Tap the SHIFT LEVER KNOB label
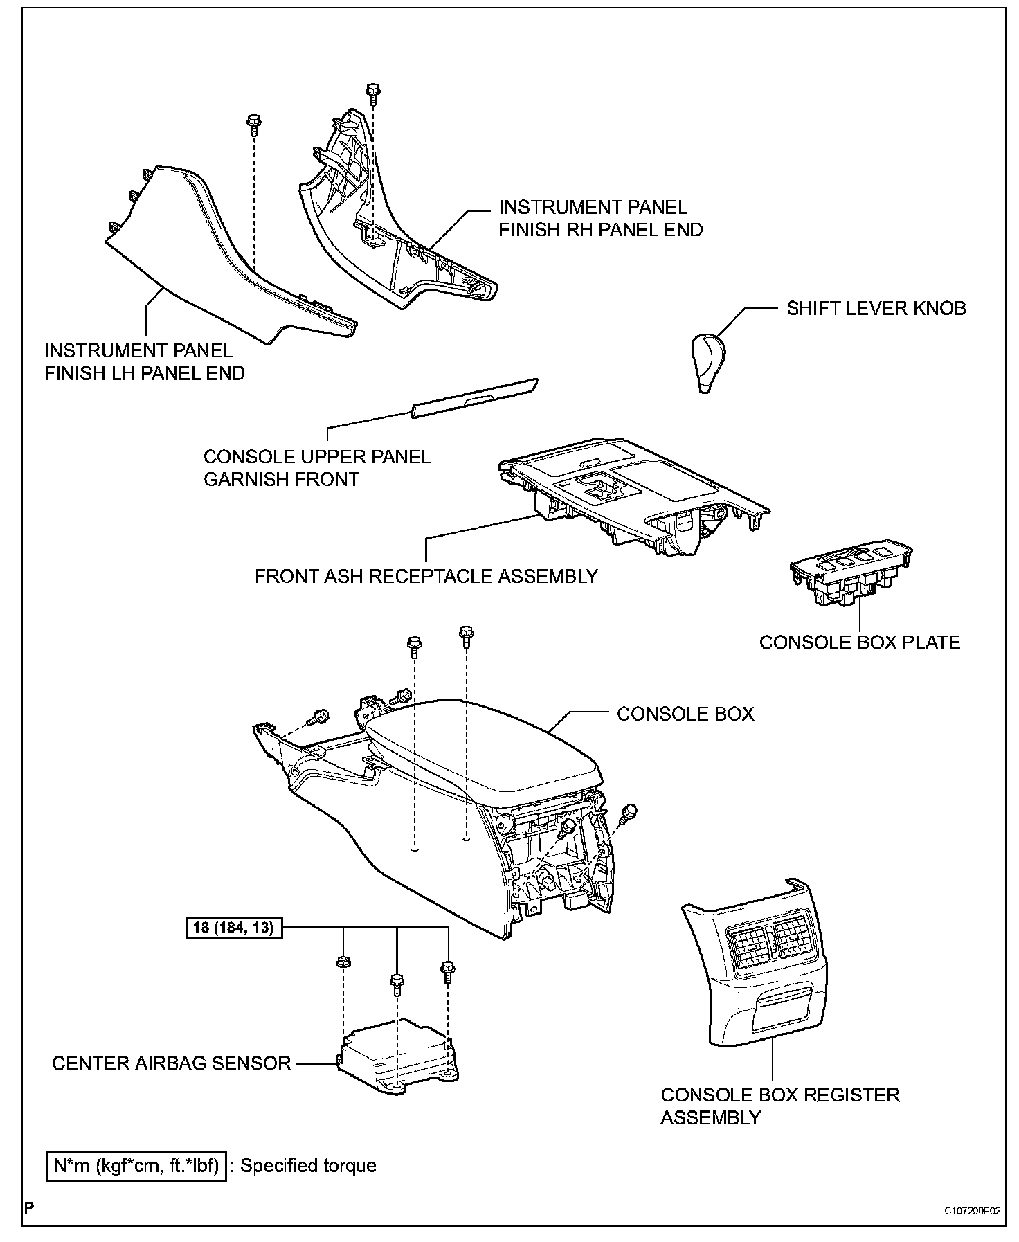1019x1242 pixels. pos(876,308)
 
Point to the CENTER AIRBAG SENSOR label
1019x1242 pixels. pos(172,1063)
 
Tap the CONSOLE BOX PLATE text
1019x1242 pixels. pos(860,642)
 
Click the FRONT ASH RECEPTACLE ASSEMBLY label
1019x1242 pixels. pos(426,576)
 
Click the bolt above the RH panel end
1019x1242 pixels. pos(372,91)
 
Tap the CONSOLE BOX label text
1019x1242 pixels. pos(685,714)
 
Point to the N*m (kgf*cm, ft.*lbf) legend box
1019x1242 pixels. pos(136,1166)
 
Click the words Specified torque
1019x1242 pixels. pos(308,1166)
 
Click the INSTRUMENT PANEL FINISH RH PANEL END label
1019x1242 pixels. pos(601,218)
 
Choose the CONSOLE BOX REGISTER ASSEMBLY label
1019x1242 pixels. pos(780,1106)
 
